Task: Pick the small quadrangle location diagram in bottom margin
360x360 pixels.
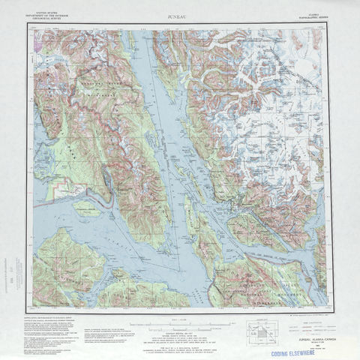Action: tap(263, 331)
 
